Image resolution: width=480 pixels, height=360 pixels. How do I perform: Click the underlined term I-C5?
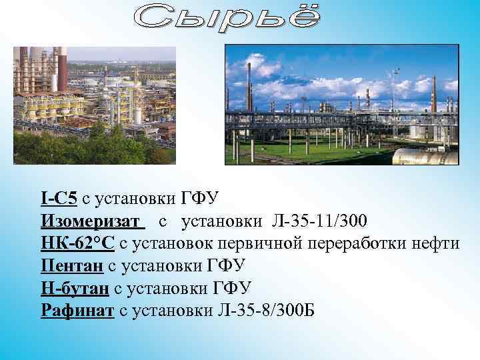tap(58, 198)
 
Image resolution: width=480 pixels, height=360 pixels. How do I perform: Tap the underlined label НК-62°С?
tap(77, 243)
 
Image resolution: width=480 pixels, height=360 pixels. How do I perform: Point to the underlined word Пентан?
tap(71, 266)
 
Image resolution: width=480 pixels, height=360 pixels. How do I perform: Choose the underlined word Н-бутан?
tap(75, 289)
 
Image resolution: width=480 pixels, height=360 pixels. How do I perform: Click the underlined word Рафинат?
tap(77, 311)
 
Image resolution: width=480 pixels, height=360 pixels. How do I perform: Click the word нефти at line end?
tap(436, 243)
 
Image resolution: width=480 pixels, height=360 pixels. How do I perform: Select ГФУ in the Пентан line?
tap(226, 266)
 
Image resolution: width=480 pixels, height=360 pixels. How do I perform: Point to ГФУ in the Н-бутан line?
tap(233, 289)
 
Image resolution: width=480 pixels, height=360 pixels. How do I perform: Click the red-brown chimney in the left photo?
tap(61, 67)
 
